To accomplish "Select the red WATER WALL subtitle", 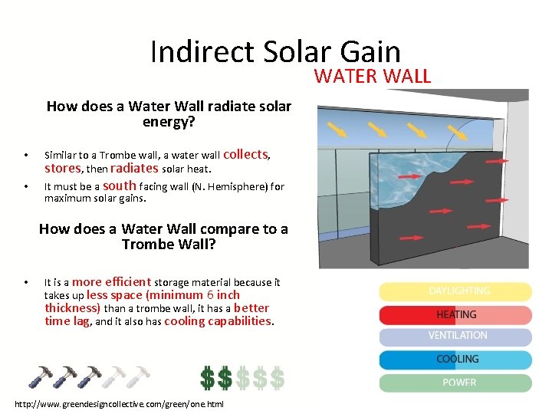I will click(x=373, y=76).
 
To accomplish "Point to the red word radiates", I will click(x=134, y=168).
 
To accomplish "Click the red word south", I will click(x=120, y=186).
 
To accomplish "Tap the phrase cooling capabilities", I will click(x=218, y=321).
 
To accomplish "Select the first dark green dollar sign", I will click(x=208, y=377).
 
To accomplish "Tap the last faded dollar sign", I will click(x=277, y=377).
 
